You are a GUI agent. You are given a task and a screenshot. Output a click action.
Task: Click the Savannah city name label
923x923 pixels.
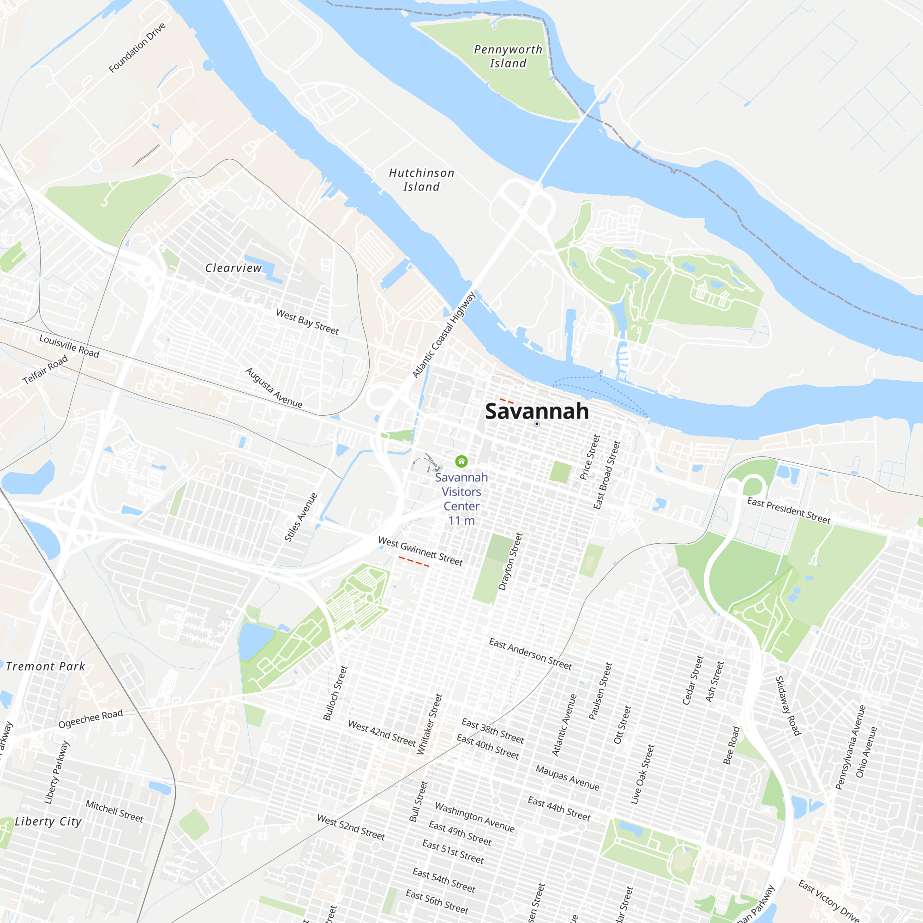(537, 411)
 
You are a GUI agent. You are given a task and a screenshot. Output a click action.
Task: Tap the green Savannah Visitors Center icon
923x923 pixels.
(461, 461)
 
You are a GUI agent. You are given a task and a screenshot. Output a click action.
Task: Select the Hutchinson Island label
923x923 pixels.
(421, 180)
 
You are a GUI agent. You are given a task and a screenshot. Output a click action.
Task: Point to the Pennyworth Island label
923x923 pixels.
(508, 56)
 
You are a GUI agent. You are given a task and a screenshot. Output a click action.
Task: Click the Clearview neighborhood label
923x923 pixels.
(234, 268)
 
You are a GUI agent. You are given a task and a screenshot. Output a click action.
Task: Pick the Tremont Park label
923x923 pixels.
(45, 666)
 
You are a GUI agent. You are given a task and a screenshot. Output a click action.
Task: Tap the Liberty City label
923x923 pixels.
(48, 821)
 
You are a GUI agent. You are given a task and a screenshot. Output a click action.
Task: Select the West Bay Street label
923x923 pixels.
(308, 322)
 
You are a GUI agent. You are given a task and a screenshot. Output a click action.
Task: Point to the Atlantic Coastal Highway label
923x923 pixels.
(444, 335)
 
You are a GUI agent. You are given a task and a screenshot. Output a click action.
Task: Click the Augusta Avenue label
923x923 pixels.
(274, 388)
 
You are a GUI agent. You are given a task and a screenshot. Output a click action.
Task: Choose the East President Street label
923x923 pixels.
(789, 510)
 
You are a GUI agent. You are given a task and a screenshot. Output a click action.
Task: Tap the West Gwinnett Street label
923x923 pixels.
(420, 551)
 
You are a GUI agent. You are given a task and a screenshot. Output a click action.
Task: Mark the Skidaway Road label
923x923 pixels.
(787, 705)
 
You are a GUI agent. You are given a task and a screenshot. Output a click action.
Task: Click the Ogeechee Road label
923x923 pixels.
(90, 718)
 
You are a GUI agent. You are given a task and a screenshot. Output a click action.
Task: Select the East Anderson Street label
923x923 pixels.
(530, 653)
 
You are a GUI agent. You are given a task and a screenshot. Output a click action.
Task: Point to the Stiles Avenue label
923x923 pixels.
(301, 517)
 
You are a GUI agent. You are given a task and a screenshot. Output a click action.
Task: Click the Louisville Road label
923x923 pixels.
(69, 346)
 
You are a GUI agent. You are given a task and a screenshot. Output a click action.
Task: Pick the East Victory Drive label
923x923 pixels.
(829, 900)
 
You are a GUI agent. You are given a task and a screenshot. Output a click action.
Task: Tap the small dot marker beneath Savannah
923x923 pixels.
(537, 424)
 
